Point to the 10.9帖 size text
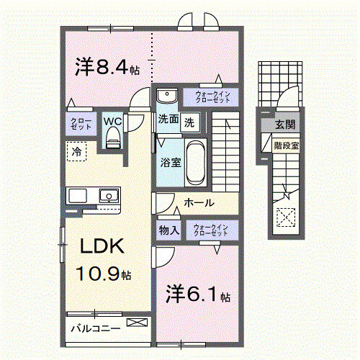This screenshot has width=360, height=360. click(105, 274)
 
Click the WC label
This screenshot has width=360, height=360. click(112, 122)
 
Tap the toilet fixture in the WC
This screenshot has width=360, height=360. click(112, 140)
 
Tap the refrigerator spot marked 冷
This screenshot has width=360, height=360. click(76, 152)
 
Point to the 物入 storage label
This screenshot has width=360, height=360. click(169, 230)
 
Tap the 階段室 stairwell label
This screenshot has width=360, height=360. click(286, 145)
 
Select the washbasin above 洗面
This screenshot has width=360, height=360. click(167, 96)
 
